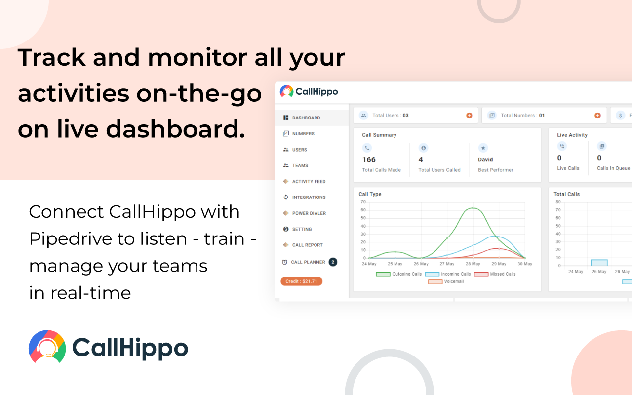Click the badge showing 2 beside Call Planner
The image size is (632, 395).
coord(333,262)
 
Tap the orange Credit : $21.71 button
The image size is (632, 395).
coord(301,281)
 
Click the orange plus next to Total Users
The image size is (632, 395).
coord(469,116)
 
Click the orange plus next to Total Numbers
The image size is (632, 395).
coord(597,116)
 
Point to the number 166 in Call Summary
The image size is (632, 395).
coord(369,159)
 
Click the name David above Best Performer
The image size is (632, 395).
coord(485,159)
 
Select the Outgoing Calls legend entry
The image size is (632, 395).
coord(398,274)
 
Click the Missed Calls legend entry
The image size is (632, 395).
coord(495,274)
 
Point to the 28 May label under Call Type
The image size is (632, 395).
coord(473,264)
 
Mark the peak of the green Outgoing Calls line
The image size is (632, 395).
coord(473,208)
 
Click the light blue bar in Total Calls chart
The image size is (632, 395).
coord(599,263)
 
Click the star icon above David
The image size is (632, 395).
coord(483,148)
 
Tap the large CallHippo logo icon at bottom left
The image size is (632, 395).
coord(47,347)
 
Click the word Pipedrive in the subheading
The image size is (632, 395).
coord(70,239)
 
